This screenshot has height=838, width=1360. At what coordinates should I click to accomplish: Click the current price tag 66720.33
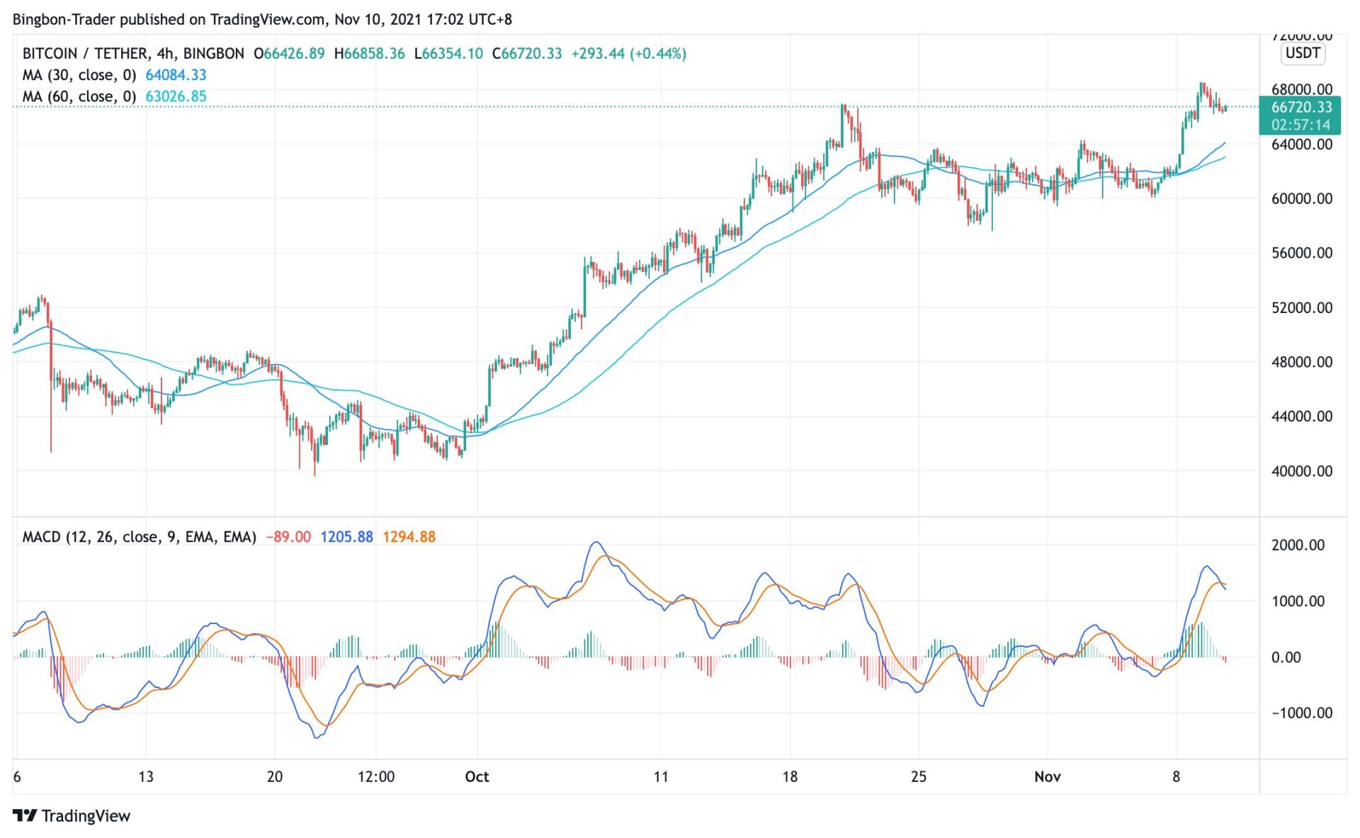click(x=1300, y=107)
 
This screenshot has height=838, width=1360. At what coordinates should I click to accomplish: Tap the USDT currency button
click(x=1302, y=53)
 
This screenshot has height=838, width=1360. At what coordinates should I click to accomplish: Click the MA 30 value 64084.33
click(x=176, y=75)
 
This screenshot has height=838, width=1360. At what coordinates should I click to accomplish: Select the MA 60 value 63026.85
click(x=176, y=96)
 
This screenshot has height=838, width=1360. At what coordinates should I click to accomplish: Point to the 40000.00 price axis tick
click(x=1301, y=471)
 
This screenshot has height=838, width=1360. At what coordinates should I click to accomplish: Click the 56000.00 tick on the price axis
click(x=1301, y=253)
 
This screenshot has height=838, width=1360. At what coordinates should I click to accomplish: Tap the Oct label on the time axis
click(x=477, y=777)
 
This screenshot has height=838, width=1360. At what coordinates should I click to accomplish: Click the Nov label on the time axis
click(x=1047, y=777)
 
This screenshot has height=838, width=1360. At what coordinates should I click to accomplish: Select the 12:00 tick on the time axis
click(x=375, y=777)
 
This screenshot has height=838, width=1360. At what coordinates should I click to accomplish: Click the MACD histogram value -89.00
click(x=288, y=537)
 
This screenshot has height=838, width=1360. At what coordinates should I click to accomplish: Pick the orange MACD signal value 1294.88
click(x=409, y=537)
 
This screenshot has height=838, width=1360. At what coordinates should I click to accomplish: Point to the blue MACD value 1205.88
click(x=346, y=537)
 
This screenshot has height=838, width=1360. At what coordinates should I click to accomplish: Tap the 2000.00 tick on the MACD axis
click(x=1297, y=545)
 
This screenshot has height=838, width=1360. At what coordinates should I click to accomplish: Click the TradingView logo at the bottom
click(x=72, y=816)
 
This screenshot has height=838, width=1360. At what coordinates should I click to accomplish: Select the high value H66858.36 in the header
click(x=369, y=54)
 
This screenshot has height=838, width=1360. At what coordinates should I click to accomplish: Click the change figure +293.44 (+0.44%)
click(x=628, y=54)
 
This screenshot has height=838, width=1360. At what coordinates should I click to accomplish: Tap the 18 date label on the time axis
click(x=790, y=777)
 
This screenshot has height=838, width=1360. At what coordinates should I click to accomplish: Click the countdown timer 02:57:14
click(x=1300, y=125)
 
